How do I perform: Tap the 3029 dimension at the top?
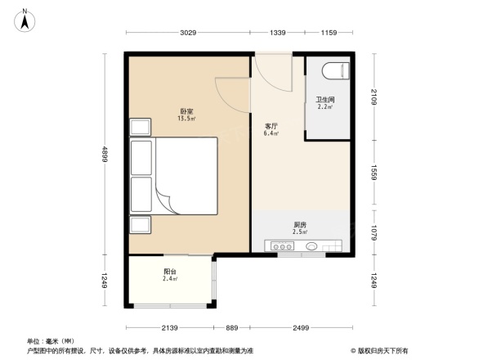188,33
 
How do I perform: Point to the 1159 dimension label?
329,33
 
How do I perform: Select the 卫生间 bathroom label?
325,102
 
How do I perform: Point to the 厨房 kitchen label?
301,227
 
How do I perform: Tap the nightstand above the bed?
140,127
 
